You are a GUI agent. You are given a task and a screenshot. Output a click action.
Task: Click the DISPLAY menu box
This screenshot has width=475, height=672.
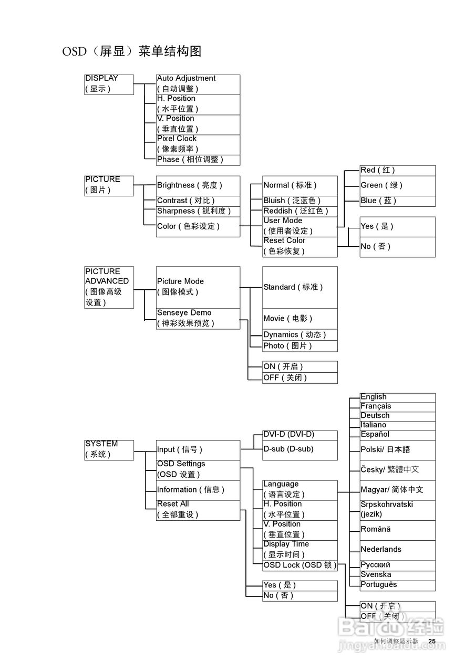click(109, 85)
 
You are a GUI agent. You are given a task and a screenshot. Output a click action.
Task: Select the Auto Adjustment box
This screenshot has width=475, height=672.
click(198, 85)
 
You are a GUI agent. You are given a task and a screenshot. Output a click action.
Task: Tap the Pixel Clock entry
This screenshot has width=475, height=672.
click(198, 145)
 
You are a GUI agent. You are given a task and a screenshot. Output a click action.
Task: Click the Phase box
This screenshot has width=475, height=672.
click(198, 160)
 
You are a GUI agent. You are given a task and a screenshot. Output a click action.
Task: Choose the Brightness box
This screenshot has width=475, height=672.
click(198, 186)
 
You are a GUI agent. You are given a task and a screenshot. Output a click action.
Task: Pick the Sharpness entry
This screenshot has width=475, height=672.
click(198, 212)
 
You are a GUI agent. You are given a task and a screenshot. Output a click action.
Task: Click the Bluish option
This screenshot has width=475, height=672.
click(300, 201)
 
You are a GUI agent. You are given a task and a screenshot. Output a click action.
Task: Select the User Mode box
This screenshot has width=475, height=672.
click(300, 227)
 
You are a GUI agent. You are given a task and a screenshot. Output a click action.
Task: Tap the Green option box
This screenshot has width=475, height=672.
click(398, 186)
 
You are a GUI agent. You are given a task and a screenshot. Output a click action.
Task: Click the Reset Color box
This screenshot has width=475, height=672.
click(300, 247)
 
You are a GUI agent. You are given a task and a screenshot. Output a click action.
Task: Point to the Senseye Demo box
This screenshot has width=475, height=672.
click(198, 319)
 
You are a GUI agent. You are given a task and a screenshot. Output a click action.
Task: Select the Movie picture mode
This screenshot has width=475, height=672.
click(300, 319)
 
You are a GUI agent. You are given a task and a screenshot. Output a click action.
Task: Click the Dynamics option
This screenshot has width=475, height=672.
click(300, 335)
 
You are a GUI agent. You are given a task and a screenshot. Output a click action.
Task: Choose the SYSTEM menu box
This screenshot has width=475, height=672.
click(109, 450)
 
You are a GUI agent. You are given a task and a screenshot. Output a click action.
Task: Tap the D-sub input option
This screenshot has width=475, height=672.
click(300, 450)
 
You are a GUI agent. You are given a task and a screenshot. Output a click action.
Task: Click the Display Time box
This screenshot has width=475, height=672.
click(300, 551)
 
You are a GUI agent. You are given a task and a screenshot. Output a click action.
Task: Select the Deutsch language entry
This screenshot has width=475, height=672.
click(398, 416)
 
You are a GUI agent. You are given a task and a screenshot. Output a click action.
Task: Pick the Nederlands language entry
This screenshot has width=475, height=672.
click(398, 551)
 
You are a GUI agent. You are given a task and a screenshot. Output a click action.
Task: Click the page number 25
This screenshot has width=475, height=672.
click(432, 641)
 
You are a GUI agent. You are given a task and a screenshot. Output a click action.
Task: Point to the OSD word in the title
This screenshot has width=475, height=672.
click(74, 51)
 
